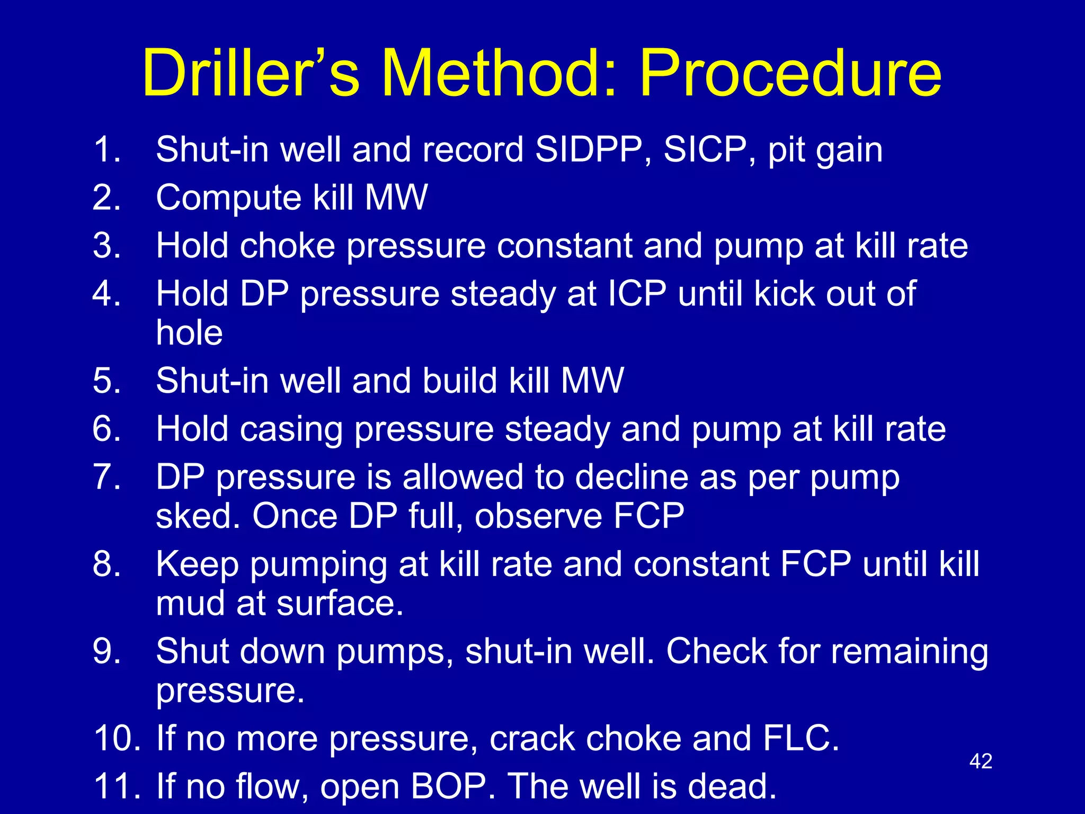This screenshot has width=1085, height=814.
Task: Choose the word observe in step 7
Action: click(538, 516)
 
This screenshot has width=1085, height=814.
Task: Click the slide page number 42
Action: click(981, 762)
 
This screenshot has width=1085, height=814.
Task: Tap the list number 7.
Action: click(106, 477)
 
